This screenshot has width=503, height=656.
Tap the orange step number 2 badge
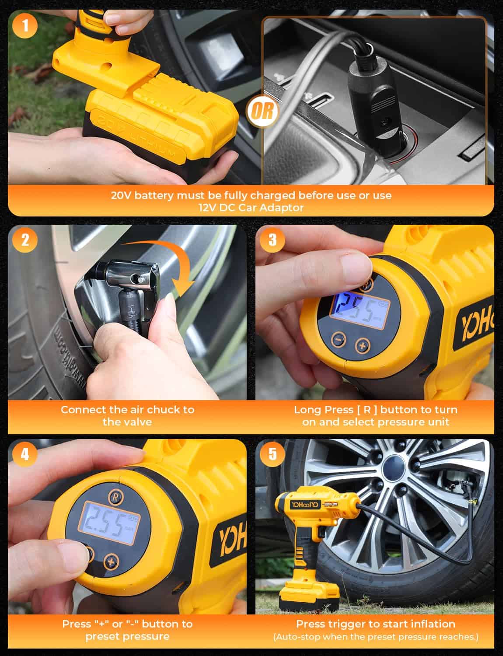[25, 240]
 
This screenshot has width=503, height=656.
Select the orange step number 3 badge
[272, 240]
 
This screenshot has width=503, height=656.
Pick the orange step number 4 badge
[25, 454]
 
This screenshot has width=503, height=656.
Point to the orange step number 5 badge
[272, 454]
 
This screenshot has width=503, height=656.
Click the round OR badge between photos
[263, 111]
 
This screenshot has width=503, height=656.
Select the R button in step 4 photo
[115, 497]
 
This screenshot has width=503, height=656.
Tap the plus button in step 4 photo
[112, 562]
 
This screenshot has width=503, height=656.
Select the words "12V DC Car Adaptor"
[251, 208]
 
